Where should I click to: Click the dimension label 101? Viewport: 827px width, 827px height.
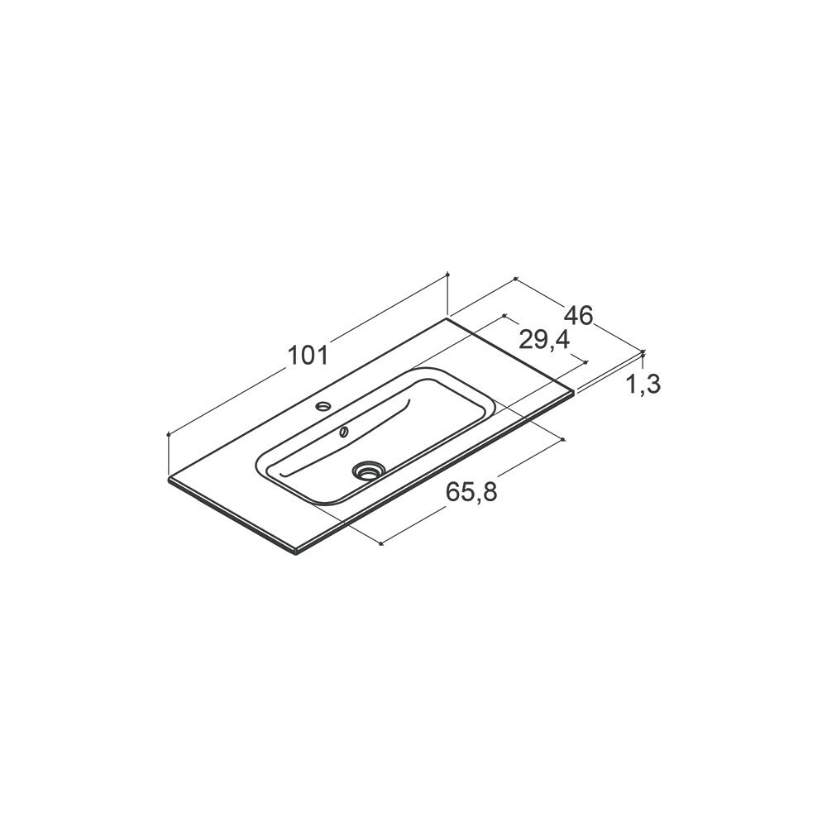point(308,355)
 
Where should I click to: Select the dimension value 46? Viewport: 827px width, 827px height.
point(579,316)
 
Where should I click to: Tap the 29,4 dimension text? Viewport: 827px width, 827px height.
point(544,340)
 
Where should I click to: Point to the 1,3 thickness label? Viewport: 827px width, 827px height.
point(643,385)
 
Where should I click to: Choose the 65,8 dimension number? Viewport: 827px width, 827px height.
point(471,492)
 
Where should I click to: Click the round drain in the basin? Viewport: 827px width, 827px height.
point(367,469)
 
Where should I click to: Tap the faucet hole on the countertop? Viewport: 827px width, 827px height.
point(323,405)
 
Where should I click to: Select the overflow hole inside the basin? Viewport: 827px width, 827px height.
point(344,432)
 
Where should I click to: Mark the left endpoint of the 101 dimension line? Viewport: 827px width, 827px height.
point(168,434)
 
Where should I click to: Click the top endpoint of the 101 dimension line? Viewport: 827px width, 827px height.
point(447,274)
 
